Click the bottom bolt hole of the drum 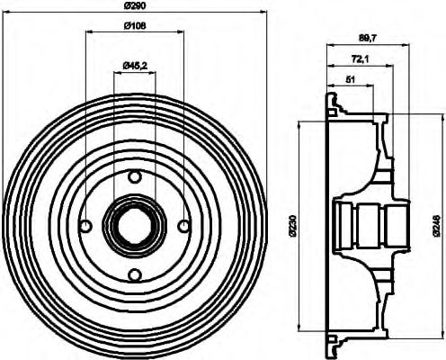(134, 274)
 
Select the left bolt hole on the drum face (86, 225)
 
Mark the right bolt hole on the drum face (183, 225)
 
